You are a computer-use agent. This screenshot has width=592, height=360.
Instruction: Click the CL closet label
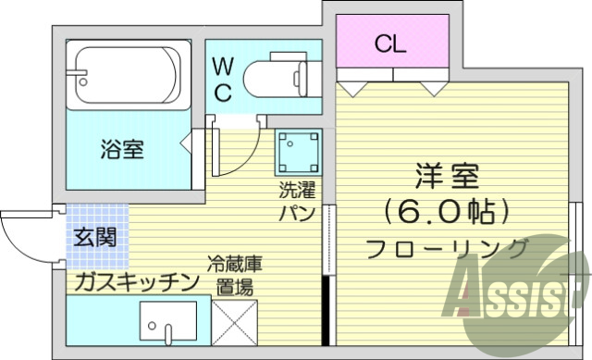tap(389, 43)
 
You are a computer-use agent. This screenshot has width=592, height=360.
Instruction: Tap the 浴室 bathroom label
tap(121, 148)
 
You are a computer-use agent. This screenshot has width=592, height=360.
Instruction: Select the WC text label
tap(223, 80)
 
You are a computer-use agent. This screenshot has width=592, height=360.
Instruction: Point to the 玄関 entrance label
tap(95, 238)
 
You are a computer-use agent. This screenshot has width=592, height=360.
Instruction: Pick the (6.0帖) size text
tap(447, 212)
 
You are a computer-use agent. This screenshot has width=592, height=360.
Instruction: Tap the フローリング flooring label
tap(447, 248)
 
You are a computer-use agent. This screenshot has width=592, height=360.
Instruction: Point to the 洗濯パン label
tap(298, 203)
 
